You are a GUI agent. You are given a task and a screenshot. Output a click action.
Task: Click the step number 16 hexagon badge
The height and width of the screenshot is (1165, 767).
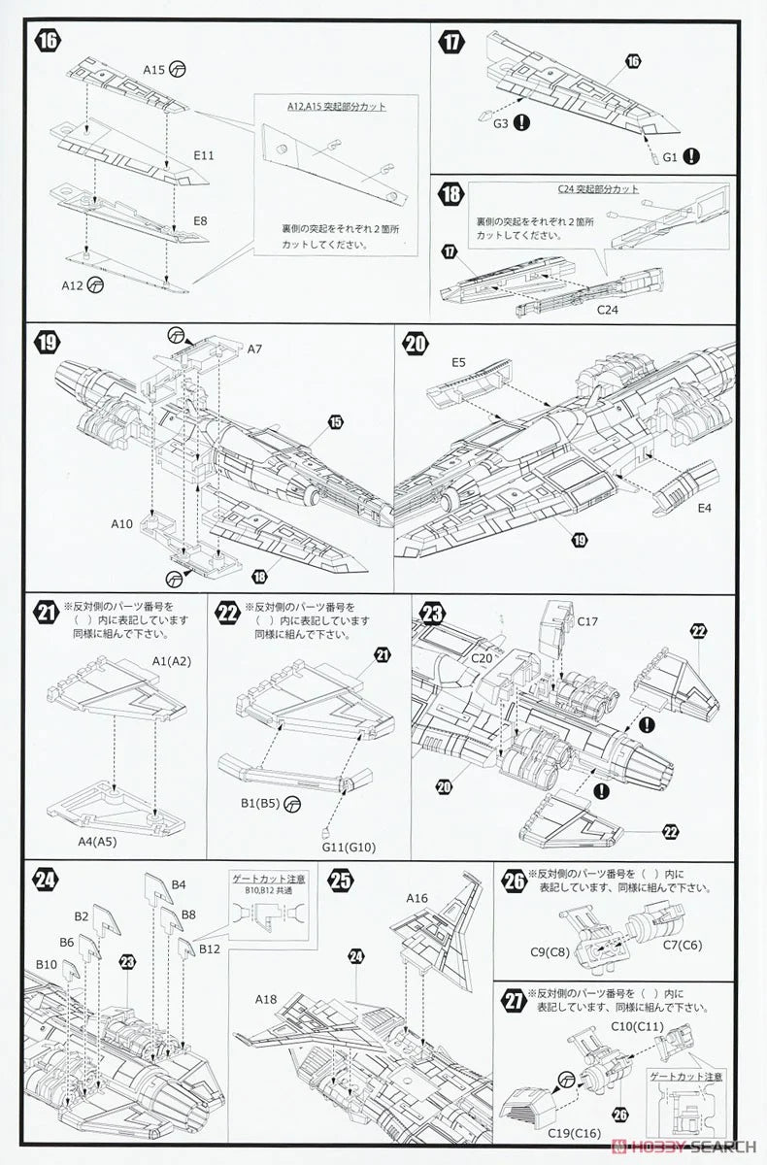tap(47, 41)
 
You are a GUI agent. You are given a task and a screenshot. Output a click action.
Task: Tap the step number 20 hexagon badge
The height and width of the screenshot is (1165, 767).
tap(416, 345)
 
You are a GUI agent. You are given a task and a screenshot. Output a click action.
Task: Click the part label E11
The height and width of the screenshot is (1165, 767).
tap(204, 155)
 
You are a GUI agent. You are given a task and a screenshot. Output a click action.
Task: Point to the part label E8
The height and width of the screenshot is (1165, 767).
tap(200, 221)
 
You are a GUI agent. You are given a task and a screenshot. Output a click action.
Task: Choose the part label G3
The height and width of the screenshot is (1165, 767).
tap(500, 123)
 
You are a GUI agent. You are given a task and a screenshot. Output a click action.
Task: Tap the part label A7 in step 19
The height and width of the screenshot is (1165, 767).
tap(255, 348)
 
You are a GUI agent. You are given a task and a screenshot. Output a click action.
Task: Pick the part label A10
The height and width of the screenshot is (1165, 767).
tap(121, 524)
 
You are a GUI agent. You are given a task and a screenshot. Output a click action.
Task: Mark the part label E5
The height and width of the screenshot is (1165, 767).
tap(458, 363)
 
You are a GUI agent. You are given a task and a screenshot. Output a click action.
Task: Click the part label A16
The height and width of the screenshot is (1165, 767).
tap(418, 898)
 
